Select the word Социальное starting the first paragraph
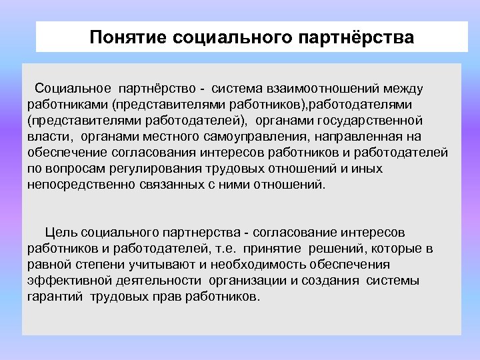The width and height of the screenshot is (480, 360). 74,88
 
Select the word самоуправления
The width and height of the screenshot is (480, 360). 238,137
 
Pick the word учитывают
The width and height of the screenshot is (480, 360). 143,265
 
